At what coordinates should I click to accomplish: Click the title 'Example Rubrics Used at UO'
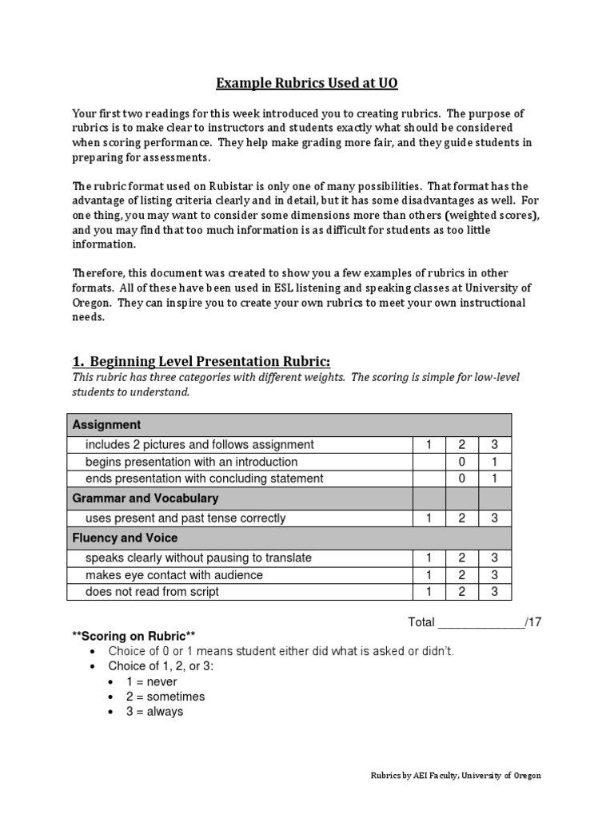pyautogui.click(x=307, y=83)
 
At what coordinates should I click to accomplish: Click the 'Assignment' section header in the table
pyautogui.click(x=107, y=424)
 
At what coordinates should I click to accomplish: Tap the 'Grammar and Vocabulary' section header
pyautogui.click(x=146, y=498)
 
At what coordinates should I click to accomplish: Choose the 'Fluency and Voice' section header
pyautogui.click(x=126, y=538)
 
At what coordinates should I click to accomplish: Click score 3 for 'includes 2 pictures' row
pyautogui.click(x=495, y=444)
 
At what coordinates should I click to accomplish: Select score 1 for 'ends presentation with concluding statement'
pyautogui.click(x=495, y=478)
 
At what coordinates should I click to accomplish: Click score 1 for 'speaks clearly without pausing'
pyautogui.click(x=429, y=558)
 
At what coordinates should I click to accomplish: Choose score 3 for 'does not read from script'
pyautogui.click(x=495, y=592)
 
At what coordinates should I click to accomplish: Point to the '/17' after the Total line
pyautogui.click(x=534, y=621)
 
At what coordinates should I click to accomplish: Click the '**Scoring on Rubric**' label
pyautogui.click(x=134, y=635)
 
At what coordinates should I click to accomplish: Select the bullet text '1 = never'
pyautogui.click(x=152, y=682)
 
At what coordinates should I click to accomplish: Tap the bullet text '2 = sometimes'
pyautogui.click(x=165, y=697)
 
